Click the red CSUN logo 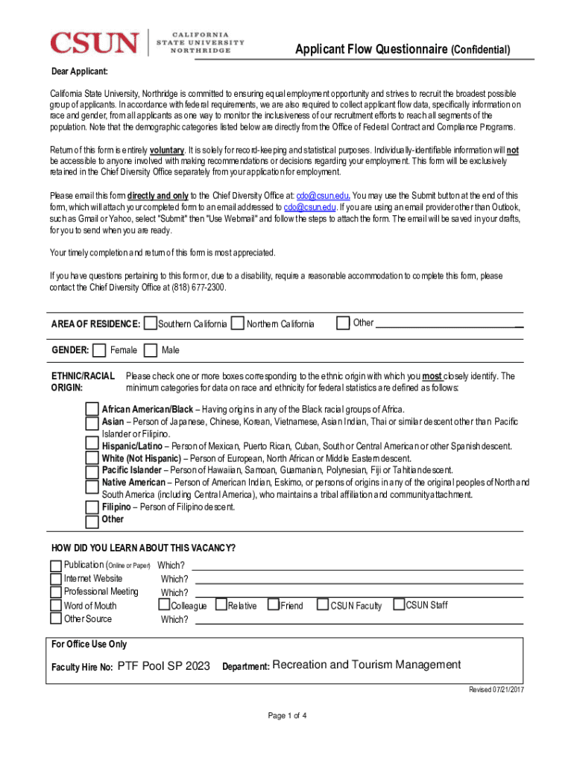(x=95, y=42)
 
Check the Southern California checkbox (x=151, y=324)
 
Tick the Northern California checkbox (x=238, y=324)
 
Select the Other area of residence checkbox (x=343, y=323)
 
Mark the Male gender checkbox (x=151, y=350)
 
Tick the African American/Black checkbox (x=92, y=409)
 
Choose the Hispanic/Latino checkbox (x=92, y=446)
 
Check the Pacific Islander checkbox (x=92, y=470)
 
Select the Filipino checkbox (x=92, y=507)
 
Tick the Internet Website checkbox (x=56, y=579)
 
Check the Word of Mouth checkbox (x=56, y=606)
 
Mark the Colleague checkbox (x=165, y=605)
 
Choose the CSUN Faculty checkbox (x=324, y=605)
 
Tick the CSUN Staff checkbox (x=399, y=604)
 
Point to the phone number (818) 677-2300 (x=197, y=288)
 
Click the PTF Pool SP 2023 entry (x=164, y=665)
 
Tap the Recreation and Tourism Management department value (x=367, y=665)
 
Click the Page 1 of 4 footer (x=288, y=716)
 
